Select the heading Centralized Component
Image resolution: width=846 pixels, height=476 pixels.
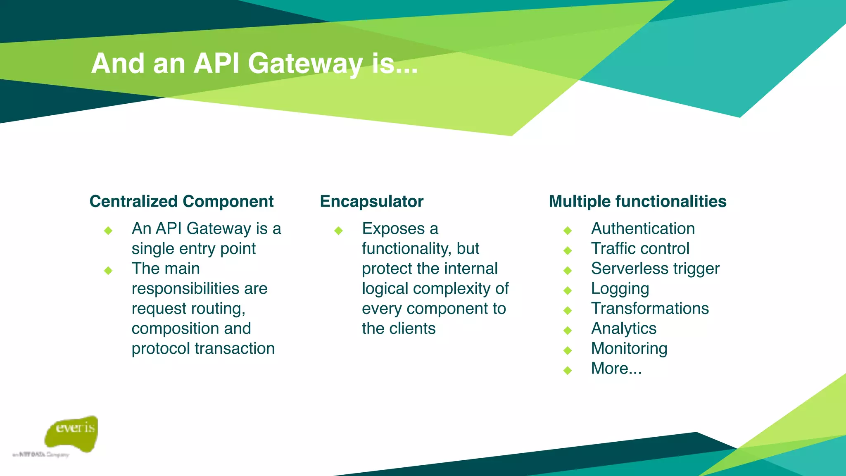click(181, 202)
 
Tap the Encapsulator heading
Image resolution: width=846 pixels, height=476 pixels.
click(371, 202)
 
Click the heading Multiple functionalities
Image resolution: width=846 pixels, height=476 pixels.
click(637, 202)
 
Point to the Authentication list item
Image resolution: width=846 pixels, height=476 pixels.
click(643, 228)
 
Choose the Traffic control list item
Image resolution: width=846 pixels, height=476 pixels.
click(640, 249)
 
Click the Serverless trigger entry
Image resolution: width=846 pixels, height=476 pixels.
click(655, 269)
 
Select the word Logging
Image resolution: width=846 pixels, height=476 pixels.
click(620, 289)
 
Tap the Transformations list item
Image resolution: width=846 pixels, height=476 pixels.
click(650, 309)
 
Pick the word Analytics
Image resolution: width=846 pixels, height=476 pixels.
click(623, 328)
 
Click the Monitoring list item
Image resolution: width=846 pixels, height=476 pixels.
click(629, 349)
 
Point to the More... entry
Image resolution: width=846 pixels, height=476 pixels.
click(616, 369)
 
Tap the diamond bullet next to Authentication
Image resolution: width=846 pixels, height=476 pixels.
click(568, 231)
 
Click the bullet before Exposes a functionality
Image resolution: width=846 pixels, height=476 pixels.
click(339, 231)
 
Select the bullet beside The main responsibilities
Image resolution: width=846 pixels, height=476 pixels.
click(108, 271)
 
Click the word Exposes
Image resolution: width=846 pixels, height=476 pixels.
click(393, 228)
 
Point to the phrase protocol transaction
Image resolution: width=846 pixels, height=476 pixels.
click(203, 349)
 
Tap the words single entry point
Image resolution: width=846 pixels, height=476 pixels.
click(193, 249)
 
